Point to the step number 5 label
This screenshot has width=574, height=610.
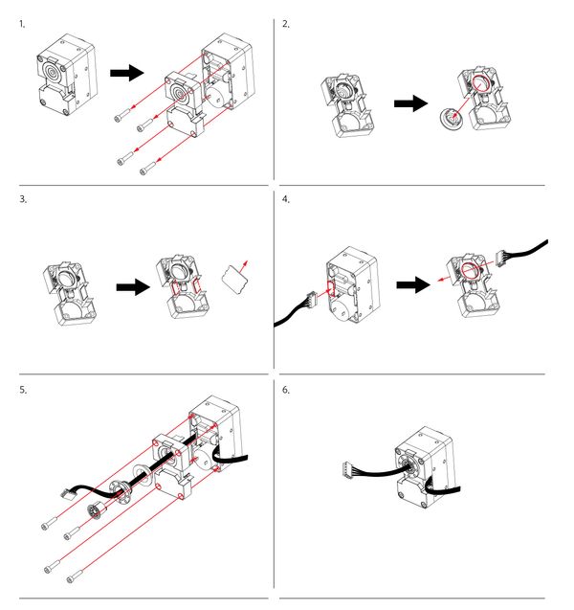coord(22,390)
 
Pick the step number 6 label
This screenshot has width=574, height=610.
coord(286,390)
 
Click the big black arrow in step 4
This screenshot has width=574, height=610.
coord(412,284)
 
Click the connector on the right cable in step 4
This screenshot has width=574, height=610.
coord(505,258)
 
